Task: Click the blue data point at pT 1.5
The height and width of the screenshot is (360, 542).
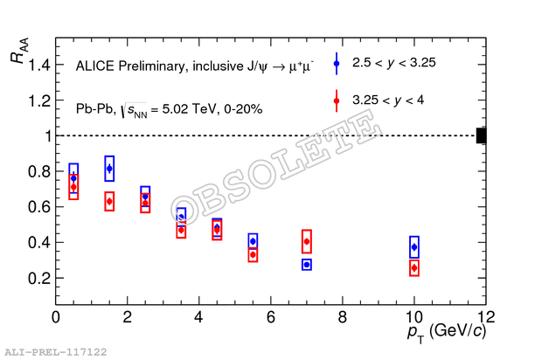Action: [x=109, y=169]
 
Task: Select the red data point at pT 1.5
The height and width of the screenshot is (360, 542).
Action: [x=109, y=201]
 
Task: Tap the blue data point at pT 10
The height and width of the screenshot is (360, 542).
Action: [x=413, y=247]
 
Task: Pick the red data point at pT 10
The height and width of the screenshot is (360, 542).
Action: [x=413, y=268]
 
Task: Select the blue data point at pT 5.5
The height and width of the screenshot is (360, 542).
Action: [x=253, y=241]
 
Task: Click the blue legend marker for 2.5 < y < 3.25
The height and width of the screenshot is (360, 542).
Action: [x=337, y=62]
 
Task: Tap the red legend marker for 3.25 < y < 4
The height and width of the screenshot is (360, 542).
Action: [x=337, y=101]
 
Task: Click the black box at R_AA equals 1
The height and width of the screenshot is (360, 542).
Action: [x=481, y=135]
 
